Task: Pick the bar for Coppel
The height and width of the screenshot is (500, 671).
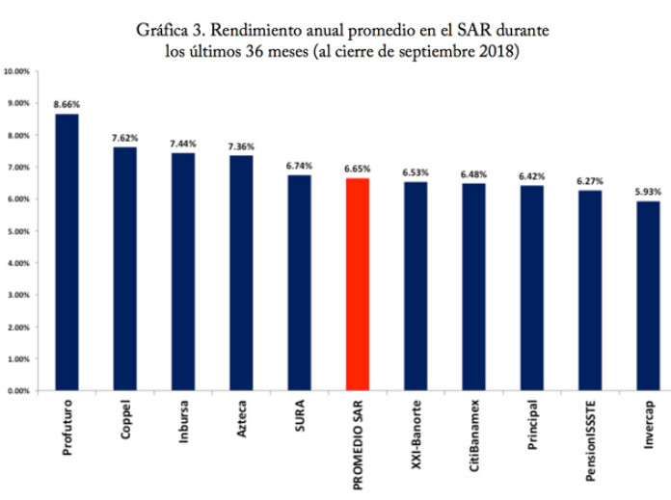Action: coord(124,269)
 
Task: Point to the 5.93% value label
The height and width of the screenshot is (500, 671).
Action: coord(648,190)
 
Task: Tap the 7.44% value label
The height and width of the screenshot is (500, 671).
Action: coord(183,141)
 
